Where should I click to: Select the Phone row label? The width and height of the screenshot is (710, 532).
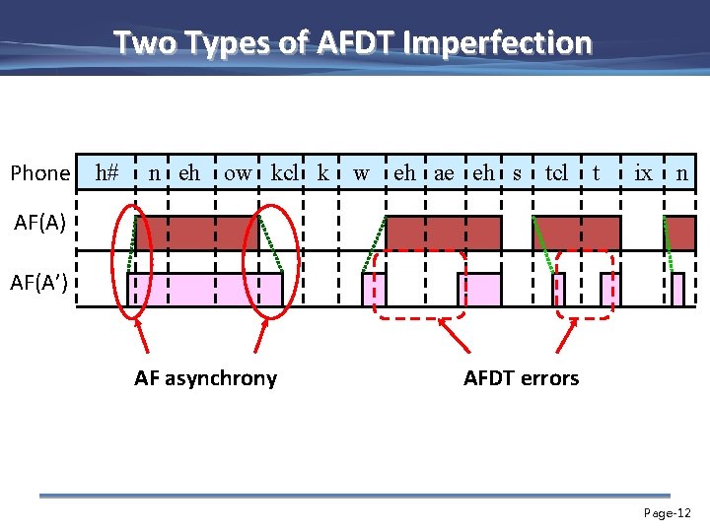39,173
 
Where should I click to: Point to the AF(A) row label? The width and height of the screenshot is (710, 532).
40,223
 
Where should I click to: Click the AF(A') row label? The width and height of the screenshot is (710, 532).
40,285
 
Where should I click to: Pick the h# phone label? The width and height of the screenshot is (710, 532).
106,173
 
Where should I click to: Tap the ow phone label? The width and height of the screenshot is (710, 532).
238,173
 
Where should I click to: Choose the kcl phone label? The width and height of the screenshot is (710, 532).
285,173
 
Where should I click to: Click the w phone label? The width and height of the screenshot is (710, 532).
362,173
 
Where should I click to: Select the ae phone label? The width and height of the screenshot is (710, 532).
445,173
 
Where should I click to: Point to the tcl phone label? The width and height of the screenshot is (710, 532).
556,173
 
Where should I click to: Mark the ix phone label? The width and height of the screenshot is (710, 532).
643,173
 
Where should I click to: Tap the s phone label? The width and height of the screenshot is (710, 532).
517,173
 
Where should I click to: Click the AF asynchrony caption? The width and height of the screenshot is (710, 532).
205,377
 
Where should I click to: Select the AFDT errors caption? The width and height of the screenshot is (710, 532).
521,377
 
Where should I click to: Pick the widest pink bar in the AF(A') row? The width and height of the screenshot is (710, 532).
205,290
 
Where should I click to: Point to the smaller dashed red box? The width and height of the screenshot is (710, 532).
585,285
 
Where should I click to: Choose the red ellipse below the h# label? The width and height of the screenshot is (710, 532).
129,261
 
